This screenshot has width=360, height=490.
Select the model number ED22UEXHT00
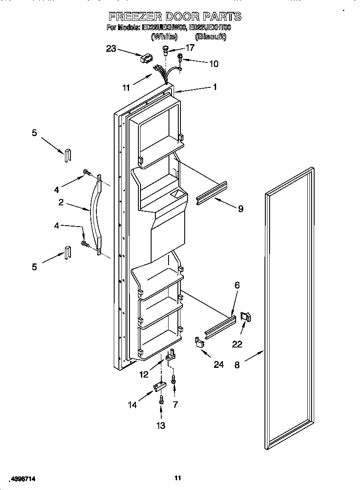coord(210,28)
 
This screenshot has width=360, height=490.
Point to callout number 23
coord(111,49)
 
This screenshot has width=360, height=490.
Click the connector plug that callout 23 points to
coord(146,59)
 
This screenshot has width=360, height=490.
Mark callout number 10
coord(214,64)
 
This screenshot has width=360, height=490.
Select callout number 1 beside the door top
coord(215,87)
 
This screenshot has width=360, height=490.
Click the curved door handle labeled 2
coord(94,216)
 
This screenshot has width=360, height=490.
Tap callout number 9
coord(240,209)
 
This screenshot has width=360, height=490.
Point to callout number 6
coord(237,286)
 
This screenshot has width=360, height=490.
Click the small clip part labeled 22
coord(246,317)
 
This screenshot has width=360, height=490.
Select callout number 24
coord(218,364)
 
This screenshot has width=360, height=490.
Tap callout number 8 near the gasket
coord(237,364)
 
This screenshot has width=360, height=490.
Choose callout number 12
coord(144,374)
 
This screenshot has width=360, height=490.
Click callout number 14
coord(133,405)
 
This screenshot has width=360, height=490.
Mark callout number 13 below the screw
coord(161,426)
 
